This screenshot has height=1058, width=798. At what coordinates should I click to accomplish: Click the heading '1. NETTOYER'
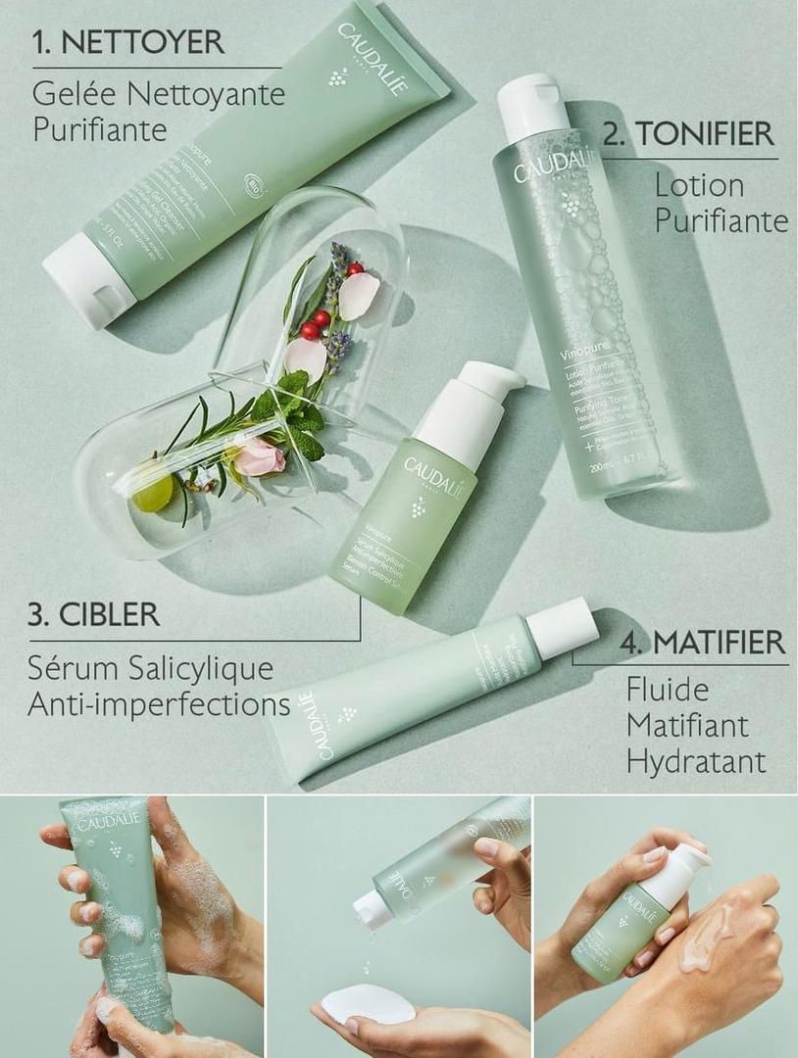coord(127,42)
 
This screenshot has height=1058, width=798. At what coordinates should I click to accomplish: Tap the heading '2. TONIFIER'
coord(688,133)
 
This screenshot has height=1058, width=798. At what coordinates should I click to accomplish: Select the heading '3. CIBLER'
coord(94,615)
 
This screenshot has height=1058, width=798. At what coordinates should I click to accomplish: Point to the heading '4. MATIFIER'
coord(704,643)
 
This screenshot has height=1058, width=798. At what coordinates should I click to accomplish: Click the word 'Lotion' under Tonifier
coord(699,185)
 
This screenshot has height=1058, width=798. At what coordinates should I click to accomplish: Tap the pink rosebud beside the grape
coord(260,457)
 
